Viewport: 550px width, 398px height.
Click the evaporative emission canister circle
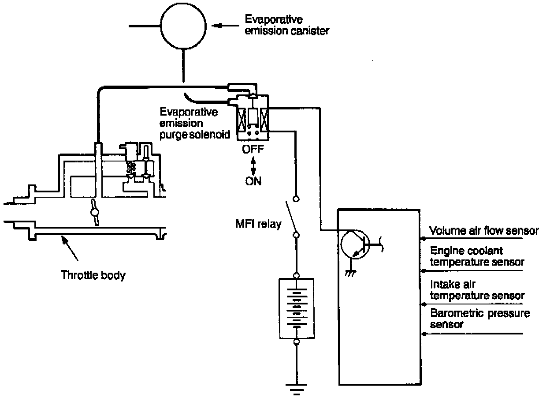[182, 26]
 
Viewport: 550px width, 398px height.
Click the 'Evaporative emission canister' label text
[287, 26]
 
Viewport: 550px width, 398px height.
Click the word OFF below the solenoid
[253, 149]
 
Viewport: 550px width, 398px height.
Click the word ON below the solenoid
[253, 181]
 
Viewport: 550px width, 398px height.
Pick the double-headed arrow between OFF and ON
[253, 165]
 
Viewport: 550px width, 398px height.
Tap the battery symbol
[297, 308]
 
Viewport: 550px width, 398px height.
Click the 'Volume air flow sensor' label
[483, 230]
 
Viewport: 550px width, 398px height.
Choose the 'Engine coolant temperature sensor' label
[476, 256]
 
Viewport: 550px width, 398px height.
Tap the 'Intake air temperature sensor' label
[476, 290]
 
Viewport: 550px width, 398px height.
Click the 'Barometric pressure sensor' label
[479, 319]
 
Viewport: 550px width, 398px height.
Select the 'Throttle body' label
[93, 275]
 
